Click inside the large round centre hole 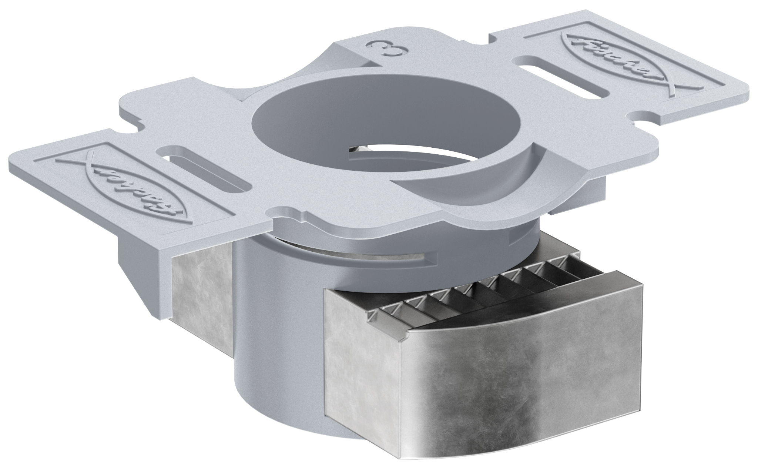326,122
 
